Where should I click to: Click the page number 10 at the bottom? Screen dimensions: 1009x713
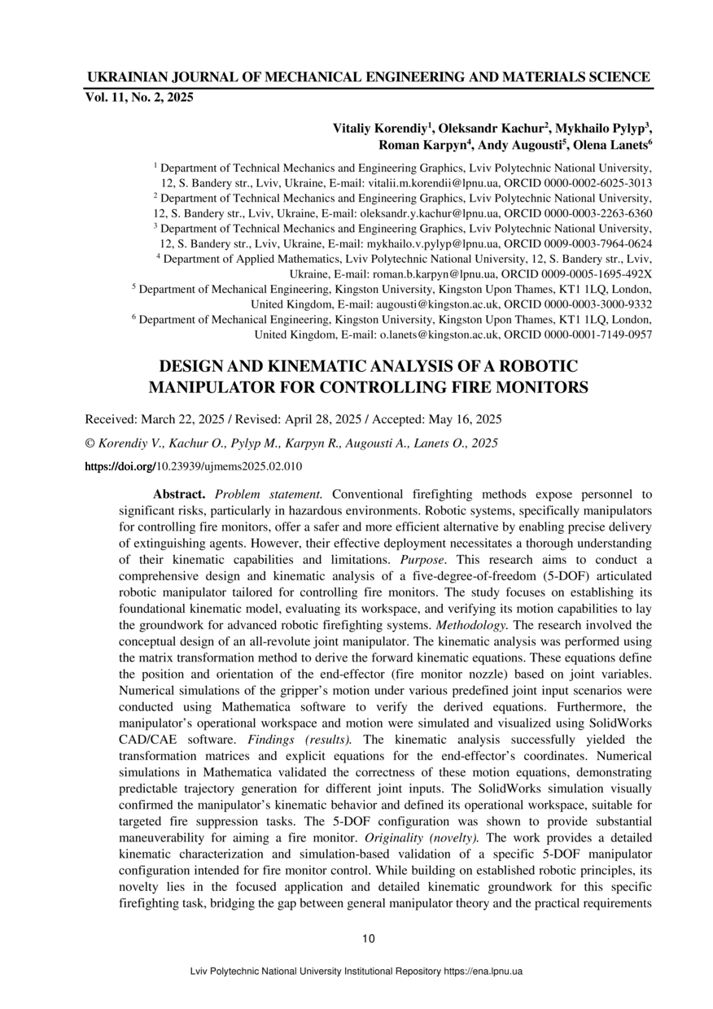pos(369,939)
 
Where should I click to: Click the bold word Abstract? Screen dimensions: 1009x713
pos(181,494)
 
